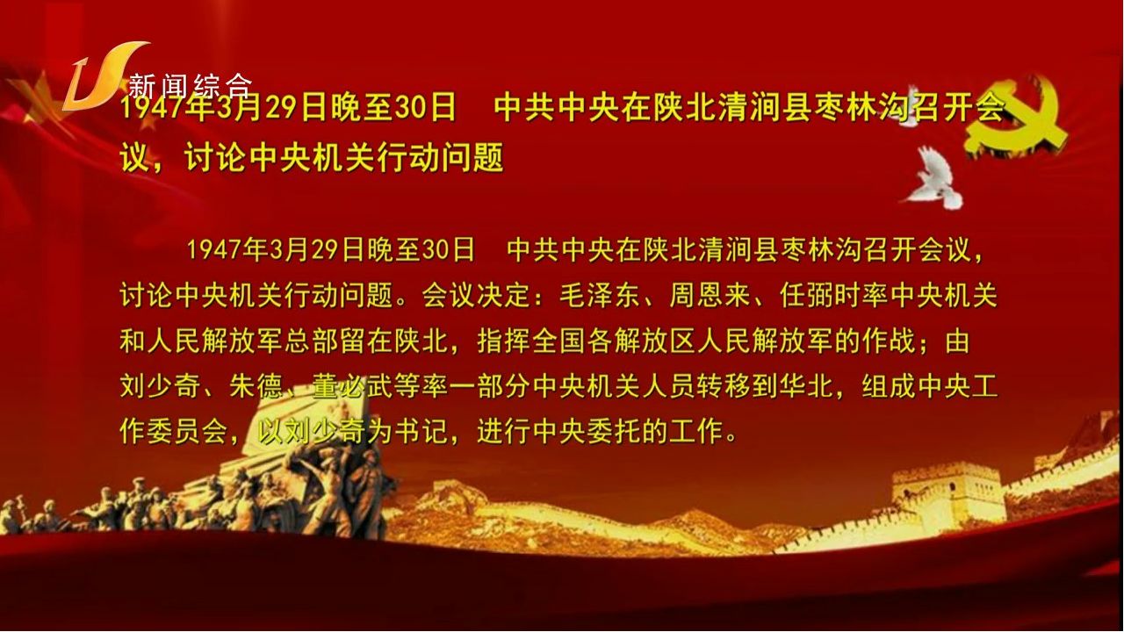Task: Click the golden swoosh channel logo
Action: [x=103, y=75]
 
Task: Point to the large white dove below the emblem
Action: [x=935, y=178]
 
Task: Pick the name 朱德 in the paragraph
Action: [x=256, y=386]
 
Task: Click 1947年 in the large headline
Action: [x=166, y=108]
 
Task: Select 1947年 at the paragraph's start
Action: [x=227, y=250]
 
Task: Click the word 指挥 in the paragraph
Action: [x=503, y=341]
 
